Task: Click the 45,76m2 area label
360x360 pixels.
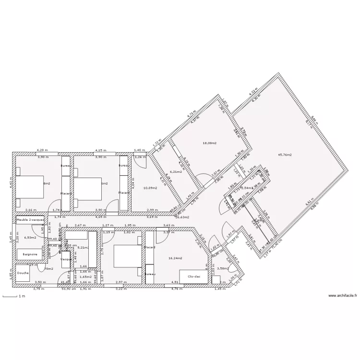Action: [285, 155]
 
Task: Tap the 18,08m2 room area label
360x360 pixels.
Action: [209, 143]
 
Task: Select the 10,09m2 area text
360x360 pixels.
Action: [150, 188]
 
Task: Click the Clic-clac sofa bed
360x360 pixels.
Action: [193, 277]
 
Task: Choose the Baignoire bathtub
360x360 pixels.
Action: [30, 253]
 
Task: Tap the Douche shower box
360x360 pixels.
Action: [23, 273]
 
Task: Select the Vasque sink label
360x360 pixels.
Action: [67, 259]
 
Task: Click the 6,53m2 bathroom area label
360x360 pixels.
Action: [31, 237]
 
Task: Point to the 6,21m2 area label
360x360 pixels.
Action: [178, 171]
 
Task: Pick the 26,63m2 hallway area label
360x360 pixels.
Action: [182, 217]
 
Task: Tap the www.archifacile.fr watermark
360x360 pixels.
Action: [342, 296]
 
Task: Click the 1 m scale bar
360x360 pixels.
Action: [12, 297]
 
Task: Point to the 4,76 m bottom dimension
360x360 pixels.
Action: [178, 289]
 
